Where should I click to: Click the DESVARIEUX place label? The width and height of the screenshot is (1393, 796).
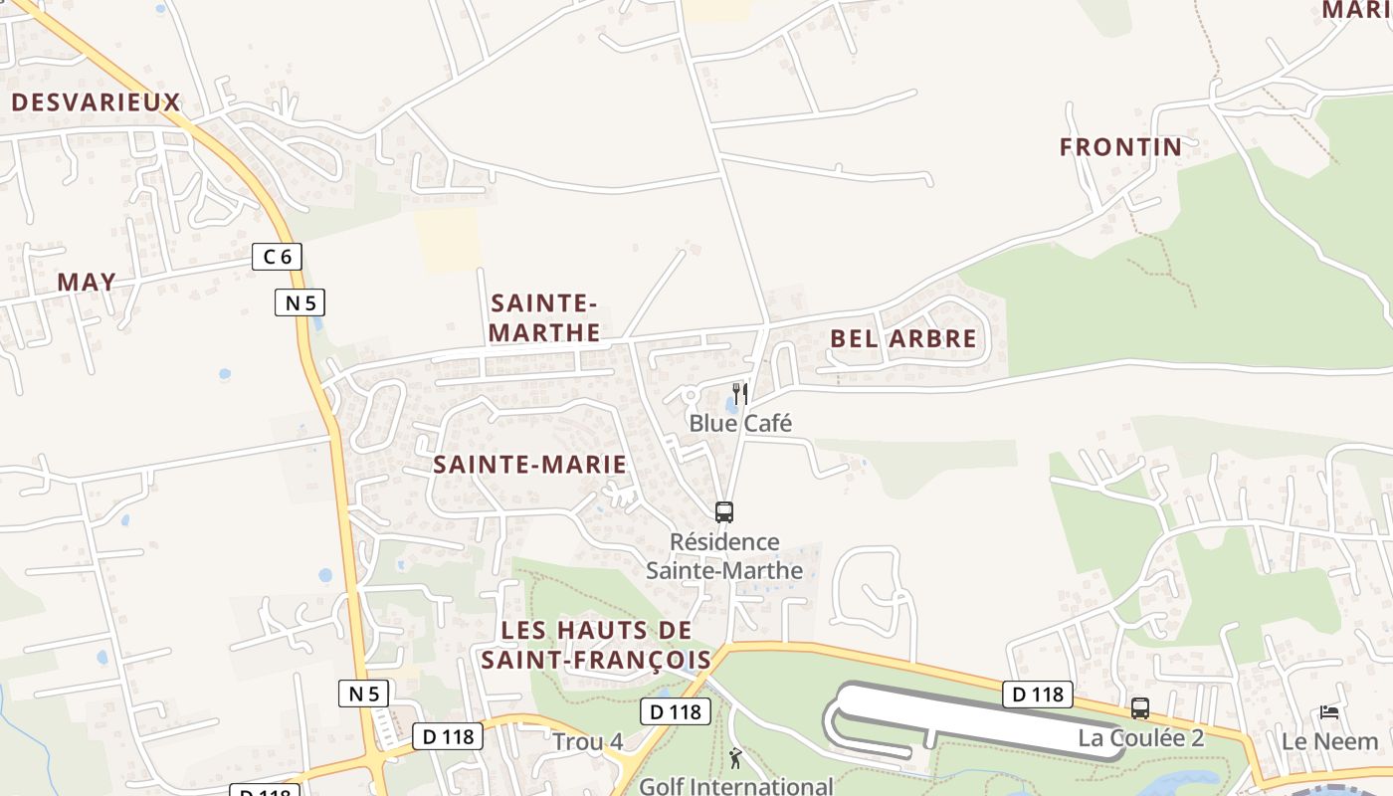pyautogui.click(x=96, y=102)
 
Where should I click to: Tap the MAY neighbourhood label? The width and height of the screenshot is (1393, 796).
pyautogui.click(x=87, y=283)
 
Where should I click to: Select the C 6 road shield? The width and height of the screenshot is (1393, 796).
pyautogui.click(x=277, y=257)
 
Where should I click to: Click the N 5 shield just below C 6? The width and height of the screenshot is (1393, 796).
pyautogui.click(x=299, y=302)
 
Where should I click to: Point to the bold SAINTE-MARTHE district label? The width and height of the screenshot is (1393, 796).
pyautogui.click(x=545, y=317)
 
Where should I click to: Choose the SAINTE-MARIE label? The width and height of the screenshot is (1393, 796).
pyautogui.click(x=530, y=465)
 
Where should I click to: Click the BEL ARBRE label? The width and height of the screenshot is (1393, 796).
pyautogui.click(x=903, y=338)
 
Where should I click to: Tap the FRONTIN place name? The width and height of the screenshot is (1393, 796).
pyautogui.click(x=1120, y=147)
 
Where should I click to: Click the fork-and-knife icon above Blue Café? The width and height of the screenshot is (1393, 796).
pyautogui.click(x=739, y=394)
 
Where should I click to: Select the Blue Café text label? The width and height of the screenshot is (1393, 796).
pyautogui.click(x=740, y=424)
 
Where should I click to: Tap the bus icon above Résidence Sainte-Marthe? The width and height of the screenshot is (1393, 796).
pyautogui.click(x=724, y=512)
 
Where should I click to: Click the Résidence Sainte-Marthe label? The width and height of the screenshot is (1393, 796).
pyautogui.click(x=724, y=556)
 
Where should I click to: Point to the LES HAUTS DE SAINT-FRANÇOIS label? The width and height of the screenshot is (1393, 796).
pyautogui.click(x=596, y=645)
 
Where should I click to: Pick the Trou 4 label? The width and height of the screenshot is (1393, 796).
pyautogui.click(x=588, y=742)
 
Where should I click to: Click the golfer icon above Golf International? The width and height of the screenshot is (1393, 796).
pyautogui.click(x=735, y=759)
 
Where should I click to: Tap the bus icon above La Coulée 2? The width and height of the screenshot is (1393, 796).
pyautogui.click(x=1140, y=708)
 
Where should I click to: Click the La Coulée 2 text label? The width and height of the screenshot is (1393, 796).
pyautogui.click(x=1141, y=738)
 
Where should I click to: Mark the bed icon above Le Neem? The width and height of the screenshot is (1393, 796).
pyautogui.click(x=1329, y=711)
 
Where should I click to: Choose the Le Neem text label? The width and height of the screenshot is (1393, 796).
pyautogui.click(x=1329, y=741)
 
